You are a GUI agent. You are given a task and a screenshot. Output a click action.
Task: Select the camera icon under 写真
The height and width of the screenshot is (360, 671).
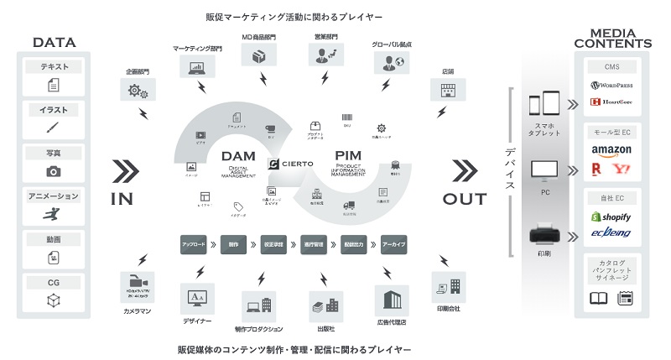pyautogui.click(x=53, y=171)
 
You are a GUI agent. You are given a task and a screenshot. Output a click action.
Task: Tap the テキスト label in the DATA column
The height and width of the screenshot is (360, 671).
pyautogui.click(x=53, y=66)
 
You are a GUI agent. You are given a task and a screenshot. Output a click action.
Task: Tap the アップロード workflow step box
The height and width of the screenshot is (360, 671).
pyautogui.click(x=194, y=246)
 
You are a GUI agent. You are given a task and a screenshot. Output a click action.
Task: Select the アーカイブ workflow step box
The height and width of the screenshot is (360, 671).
pyautogui.click(x=393, y=246)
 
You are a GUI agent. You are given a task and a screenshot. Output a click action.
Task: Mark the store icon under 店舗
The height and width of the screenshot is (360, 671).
pyautogui.click(x=447, y=89)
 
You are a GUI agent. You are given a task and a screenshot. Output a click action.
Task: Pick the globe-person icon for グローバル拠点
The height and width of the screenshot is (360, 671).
pyautogui.click(x=390, y=61)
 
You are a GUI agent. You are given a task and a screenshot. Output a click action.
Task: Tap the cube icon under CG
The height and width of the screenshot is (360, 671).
pyautogui.click(x=53, y=300)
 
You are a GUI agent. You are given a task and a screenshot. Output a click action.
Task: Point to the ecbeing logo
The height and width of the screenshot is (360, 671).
pyautogui.click(x=611, y=233)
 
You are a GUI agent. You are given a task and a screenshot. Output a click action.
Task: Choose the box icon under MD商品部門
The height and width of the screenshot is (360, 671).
pyautogui.click(x=259, y=55)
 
